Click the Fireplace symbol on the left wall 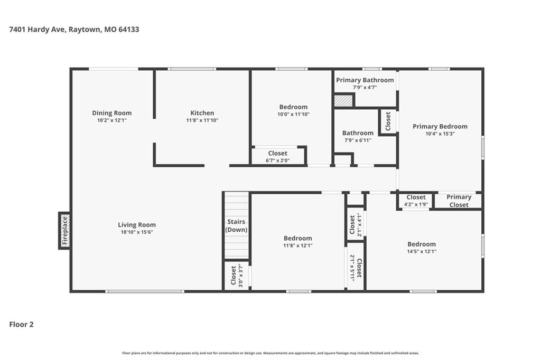64,230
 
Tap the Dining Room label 112,113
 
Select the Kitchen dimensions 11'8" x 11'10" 202,120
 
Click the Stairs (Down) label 236,225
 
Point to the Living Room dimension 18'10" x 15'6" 137,232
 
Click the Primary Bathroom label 365,80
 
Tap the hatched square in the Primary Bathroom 343,101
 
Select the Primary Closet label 459,201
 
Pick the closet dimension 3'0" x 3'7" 241,276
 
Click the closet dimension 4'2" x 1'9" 416,204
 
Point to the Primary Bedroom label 440,126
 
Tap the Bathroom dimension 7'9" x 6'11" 358,140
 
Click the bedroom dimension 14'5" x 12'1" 422,251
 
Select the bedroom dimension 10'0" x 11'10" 293,115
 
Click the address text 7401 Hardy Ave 37,30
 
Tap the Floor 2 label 21,324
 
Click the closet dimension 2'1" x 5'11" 352,268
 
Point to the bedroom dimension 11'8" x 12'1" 298,245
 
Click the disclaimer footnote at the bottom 270,353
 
